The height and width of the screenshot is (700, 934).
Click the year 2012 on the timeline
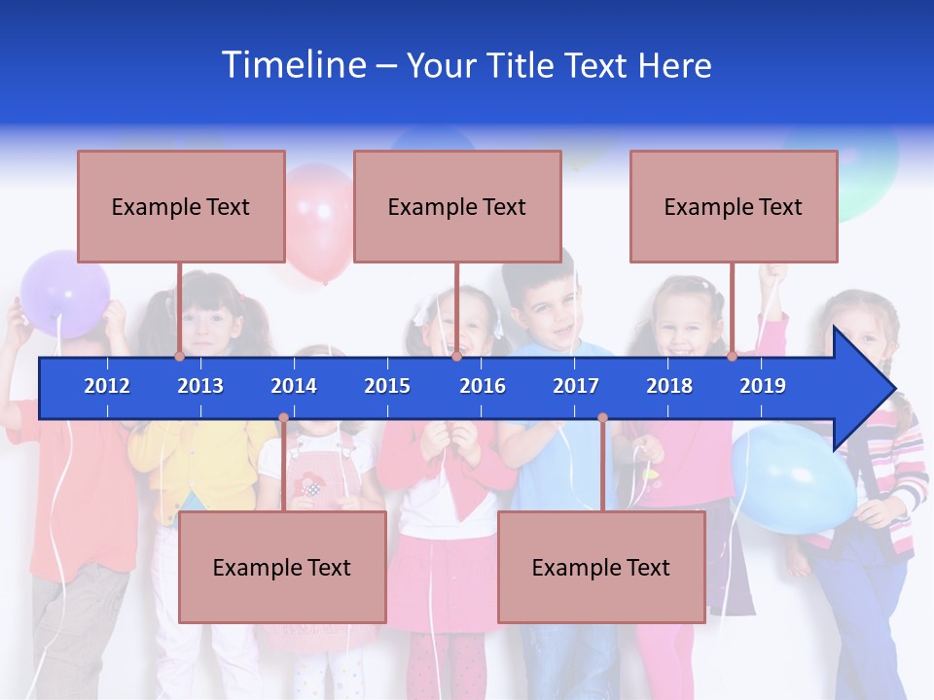coord(107,386)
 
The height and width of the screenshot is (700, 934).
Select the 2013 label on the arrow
coord(200,386)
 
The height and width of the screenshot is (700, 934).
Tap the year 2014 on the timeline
coord(294,386)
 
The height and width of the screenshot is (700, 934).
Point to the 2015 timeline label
coord(387,386)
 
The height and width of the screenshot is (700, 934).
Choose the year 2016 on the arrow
coord(483,386)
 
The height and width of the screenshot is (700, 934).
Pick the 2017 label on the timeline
coord(576,386)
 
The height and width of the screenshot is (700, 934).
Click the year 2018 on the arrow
coord(669,386)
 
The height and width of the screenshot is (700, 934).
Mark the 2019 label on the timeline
coord(763,386)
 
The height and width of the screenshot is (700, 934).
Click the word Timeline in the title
coord(293,65)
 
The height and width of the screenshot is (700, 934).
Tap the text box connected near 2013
coord(181,206)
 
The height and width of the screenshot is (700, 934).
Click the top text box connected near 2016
coord(457,206)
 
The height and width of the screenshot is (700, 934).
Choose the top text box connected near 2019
coord(734,206)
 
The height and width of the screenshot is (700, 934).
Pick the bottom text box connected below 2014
coord(282,567)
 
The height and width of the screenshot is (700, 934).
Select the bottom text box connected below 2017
coord(601,567)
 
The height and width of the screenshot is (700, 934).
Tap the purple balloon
coord(64,293)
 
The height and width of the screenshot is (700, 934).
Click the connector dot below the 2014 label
coord(283,418)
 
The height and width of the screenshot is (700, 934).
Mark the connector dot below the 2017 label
coord(602,418)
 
